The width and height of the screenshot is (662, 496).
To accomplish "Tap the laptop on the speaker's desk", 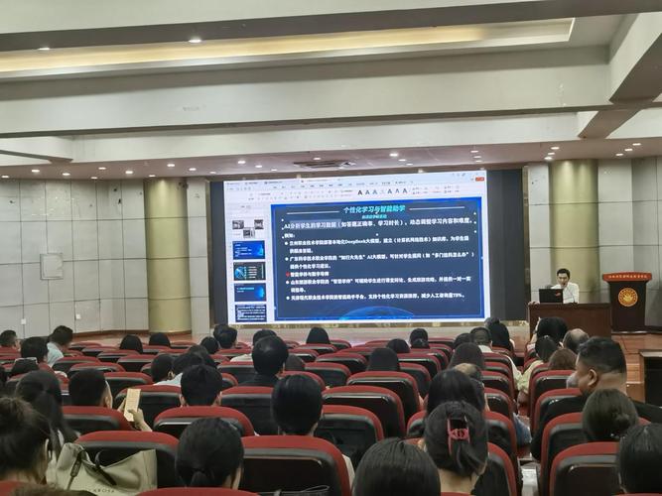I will point(550,295).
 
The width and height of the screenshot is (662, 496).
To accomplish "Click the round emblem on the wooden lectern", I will point(627,297).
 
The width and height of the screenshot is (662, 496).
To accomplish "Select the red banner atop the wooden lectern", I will point(626,277).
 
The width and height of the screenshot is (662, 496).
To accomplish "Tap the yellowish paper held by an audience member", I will point(131,402).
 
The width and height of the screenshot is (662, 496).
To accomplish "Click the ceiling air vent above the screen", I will point(325,164).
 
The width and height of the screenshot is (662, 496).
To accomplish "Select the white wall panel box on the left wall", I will point(51,266).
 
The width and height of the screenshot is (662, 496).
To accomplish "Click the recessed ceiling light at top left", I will point(195,41).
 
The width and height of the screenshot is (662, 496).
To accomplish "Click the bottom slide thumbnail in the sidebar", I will point(249,311).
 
